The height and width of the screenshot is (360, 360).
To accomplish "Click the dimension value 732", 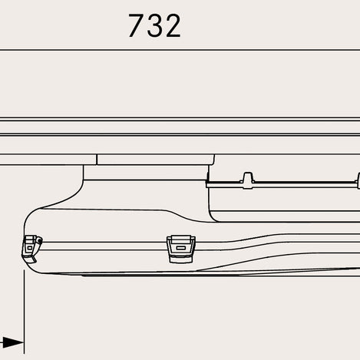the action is click(155, 25).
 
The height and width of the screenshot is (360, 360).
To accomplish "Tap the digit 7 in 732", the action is click(136, 25).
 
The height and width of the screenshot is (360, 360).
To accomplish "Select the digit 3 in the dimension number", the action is click(155, 25).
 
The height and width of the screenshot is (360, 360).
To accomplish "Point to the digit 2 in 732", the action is click(174, 25).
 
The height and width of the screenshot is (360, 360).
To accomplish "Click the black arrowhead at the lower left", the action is click(13, 342).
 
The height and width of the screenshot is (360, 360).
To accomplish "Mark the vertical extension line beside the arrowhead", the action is click(24, 312).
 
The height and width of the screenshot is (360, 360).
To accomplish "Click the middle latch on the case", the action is click(181, 249).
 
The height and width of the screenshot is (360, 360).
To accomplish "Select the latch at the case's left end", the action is click(32, 249).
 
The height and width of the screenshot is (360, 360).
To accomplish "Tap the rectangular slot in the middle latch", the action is click(180, 248).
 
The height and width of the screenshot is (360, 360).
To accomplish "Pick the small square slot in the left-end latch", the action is click(30, 248).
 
